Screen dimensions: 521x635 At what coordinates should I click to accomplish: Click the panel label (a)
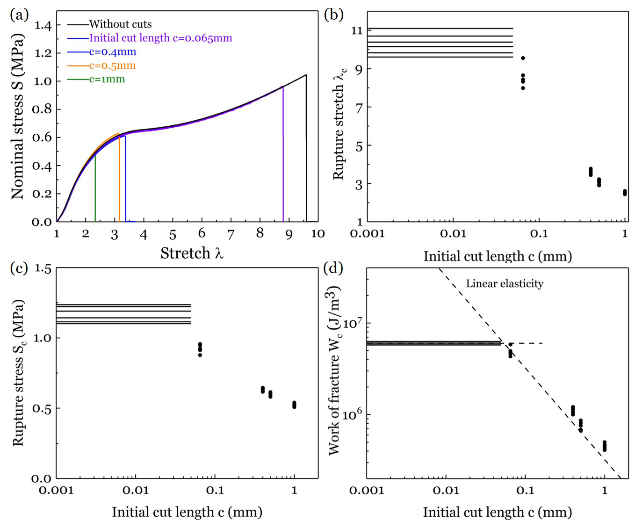point(19,15)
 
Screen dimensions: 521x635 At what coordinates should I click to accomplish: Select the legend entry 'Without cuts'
point(120,24)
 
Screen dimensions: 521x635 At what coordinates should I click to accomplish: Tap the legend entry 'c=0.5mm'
point(112,65)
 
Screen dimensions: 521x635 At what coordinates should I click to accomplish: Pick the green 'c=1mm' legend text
point(107,79)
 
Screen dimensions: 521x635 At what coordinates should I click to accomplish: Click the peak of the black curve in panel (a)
point(306,75)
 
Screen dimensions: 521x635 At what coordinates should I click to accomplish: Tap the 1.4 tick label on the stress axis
point(43,25)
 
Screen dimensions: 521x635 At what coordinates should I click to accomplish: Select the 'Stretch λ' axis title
point(192,253)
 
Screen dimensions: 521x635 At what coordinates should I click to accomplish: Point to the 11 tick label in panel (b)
point(357,31)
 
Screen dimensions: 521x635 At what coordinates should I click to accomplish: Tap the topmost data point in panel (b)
point(523,58)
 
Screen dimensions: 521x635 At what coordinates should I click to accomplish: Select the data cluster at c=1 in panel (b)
point(625,192)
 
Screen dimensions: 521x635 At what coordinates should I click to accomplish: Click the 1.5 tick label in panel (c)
point(43,268)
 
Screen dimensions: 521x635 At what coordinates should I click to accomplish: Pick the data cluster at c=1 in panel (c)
point(294,405)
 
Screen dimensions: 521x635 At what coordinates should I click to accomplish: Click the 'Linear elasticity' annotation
point(505,283)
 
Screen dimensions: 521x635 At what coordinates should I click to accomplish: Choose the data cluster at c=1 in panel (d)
point(604,446)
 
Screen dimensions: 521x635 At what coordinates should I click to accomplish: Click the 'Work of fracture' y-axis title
point(334,370)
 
